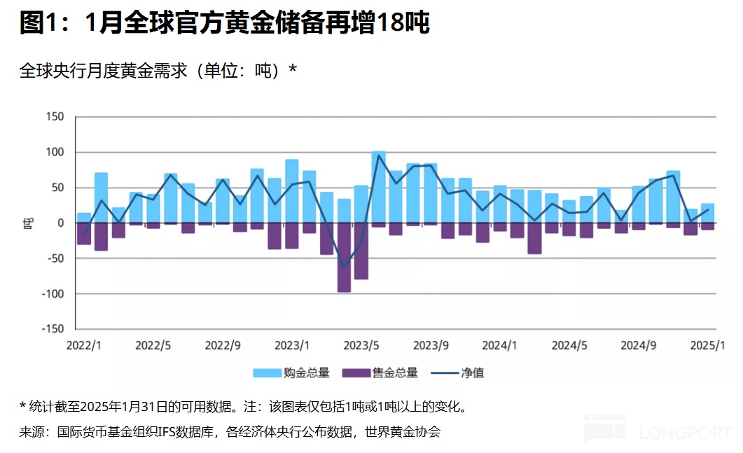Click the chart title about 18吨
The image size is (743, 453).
coord(224,23)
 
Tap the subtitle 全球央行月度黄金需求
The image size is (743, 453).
coord(158,71)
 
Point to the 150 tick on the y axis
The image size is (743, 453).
coord(54,117)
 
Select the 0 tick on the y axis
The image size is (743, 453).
coord(61,223)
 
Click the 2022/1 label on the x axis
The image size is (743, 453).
coord(83,345)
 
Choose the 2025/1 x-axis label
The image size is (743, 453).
coord(708,345)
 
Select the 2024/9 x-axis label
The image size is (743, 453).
coord(639,345)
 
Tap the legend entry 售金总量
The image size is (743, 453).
coord(380,372)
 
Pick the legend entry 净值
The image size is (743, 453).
coord(459,372)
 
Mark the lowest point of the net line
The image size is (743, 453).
coord(344,267)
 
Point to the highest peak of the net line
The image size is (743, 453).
coord(379,155)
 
